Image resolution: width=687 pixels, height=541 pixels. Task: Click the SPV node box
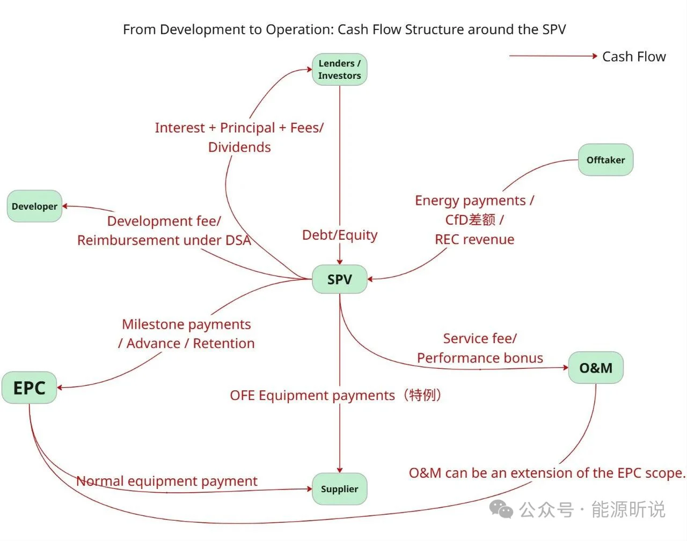tap(339, 279)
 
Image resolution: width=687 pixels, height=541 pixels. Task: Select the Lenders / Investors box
tap(339, 69)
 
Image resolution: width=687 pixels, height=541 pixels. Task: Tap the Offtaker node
tap(605, 160)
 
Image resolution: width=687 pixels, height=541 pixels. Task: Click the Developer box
tap(34, 206)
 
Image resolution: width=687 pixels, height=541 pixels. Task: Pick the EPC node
tap(29, 388)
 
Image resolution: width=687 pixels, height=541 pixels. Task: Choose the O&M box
tap(595, 368)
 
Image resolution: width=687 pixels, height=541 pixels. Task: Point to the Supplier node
tap(339, 488)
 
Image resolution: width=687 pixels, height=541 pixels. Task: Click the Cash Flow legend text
tap(633, 56)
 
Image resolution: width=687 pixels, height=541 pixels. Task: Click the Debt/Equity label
tap(339, 235)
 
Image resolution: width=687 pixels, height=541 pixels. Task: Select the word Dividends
tap(239, 147)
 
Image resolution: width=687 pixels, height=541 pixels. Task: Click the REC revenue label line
tap(474, 239)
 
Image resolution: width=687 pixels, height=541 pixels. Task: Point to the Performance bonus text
tap(480, 358)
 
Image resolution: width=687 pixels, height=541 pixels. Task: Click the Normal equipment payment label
tap(166, 481)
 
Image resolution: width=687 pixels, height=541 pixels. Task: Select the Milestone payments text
tap(186, 324)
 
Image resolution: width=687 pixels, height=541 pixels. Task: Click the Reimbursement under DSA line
tap(164, 240)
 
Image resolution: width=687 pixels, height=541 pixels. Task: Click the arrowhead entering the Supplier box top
tap(340, 470)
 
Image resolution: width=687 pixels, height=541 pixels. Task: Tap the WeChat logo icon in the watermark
tap(502, 509)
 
